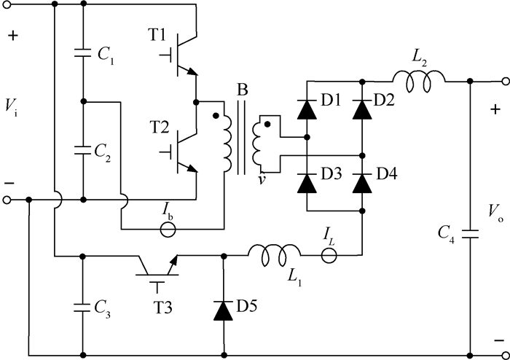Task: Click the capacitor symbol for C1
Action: pyautogui.click(x=84, y=53)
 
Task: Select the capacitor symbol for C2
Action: pyautogui.click(x=84, y=149)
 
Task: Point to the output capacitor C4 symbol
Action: pyautogui.click(x=469, y=235)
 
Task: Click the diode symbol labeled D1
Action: pyautogui.click(x=305, y=109)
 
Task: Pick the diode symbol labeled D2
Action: pyautogui.click(x=362, y=109)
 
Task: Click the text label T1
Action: pyautogui.click(x=158, y=36)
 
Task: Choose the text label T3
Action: pyautogui.click(x=164, y=305)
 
